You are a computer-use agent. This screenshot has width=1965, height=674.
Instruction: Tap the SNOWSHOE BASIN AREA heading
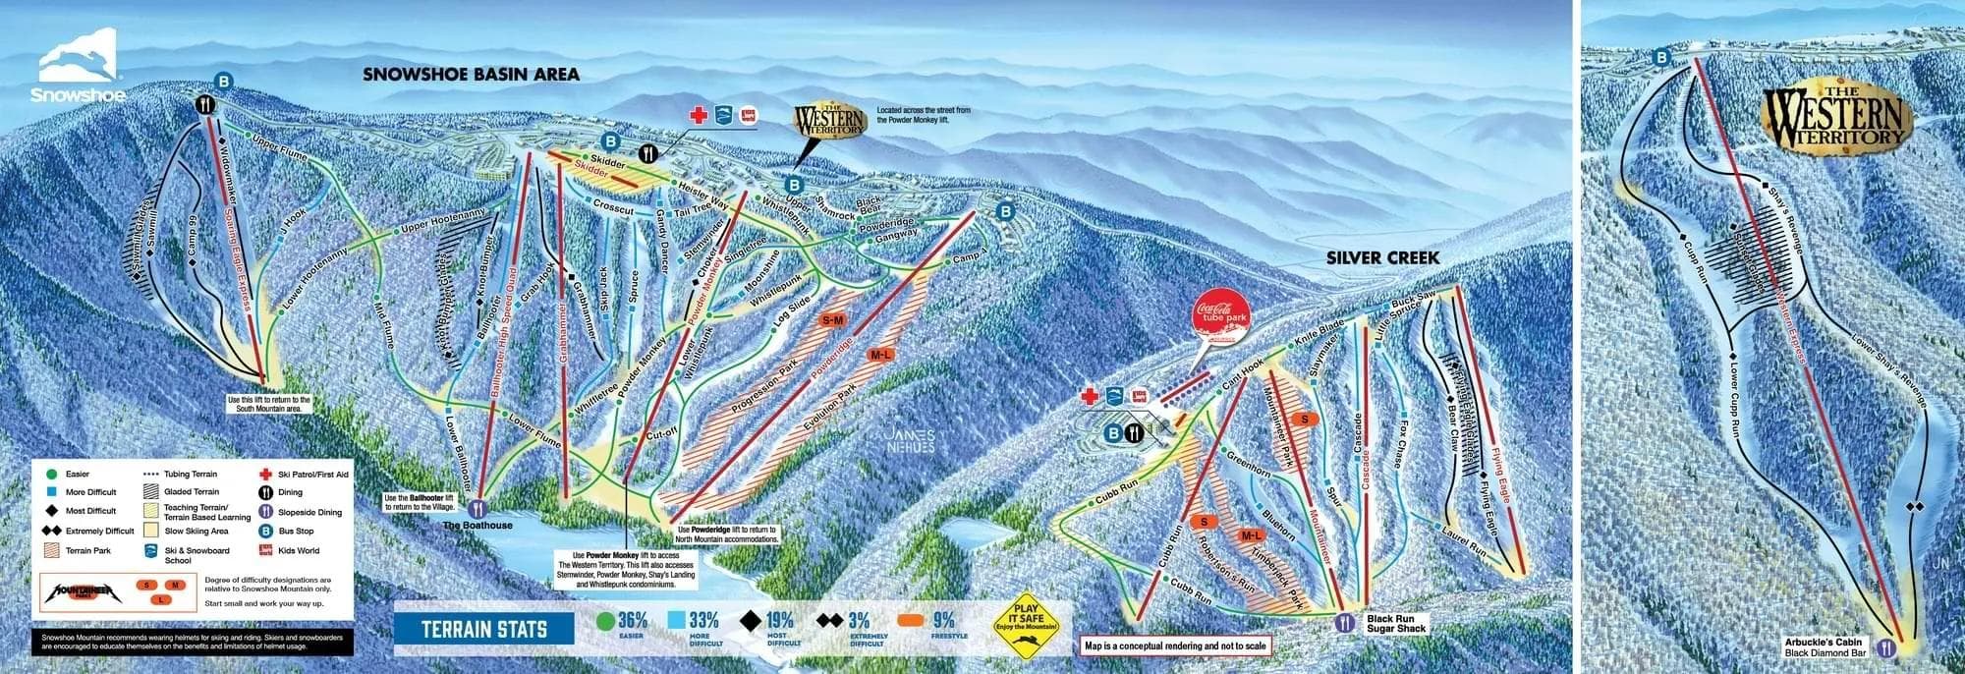tap(471, 74)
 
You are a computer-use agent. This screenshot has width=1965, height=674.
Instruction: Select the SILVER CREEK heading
tap(1381, 257)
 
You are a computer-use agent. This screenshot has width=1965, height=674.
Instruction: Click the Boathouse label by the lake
tap(477, 526)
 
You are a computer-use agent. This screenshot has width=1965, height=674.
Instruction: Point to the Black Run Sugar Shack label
tap(1396, 624)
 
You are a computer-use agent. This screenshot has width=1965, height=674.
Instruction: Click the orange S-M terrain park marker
tap(832, 320)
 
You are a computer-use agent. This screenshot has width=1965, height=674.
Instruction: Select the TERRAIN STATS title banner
tap(484, 629)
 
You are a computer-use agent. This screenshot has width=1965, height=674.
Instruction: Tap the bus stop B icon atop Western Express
tap(1661, 58)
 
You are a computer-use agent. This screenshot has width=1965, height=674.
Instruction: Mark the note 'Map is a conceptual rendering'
tap(1175, 646)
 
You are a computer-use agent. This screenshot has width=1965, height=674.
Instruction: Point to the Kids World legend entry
tap(298, 551)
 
